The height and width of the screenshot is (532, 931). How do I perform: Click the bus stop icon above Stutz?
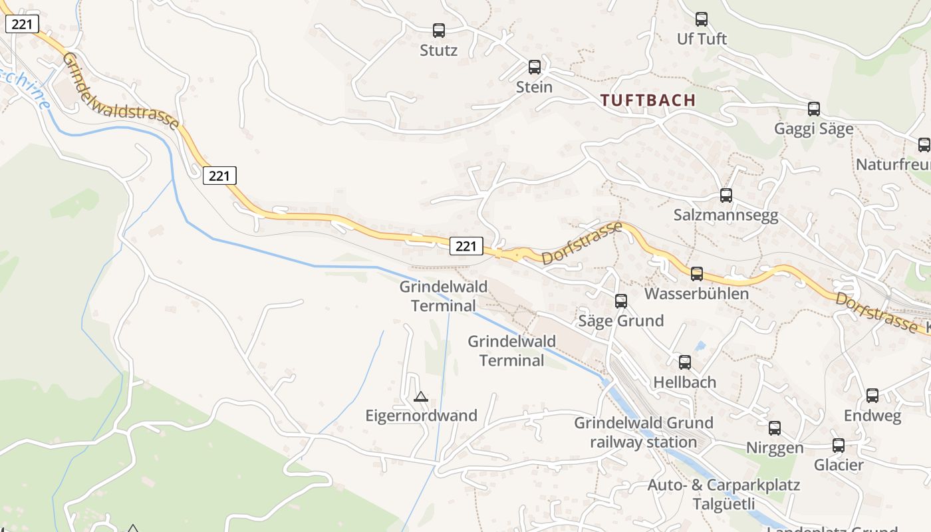pyautogui.click(x=439, y=30)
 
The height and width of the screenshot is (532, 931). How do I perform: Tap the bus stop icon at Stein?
pyautogui.click(x=535, y=66)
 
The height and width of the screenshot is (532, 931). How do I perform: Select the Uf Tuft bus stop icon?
pyautogui.click(x=702, y=19)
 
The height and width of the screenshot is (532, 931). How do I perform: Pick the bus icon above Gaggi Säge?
pyautogui.click(x=814, y=109)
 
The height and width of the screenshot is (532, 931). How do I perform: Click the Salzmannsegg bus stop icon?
pyautogui.click(x=726, y=196)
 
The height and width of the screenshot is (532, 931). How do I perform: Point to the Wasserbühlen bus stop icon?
pyautogui.click(x=697, y=273)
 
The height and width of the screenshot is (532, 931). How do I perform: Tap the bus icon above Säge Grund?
pyautogui.click(x=621, y=301)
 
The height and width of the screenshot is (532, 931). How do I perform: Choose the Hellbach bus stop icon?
pyautogui.click(x=685, y=362)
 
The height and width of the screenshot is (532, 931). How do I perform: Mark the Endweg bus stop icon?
pyautogui.click(x=872, y=396)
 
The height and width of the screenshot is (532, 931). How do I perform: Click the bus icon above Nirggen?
pyautogui.click(x=775, y=428)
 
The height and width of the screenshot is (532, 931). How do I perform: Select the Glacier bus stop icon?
pyautogui.click(x=839, y=446)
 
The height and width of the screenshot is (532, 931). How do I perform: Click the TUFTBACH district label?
pyautogui.click(x=648, y=100)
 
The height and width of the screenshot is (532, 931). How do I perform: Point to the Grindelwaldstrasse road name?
pyautogui.click(x=120, y=91)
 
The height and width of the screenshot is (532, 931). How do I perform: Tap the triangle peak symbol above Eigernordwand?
pyautogui.click(x=420, y=397)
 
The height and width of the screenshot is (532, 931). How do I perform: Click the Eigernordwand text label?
pyautogui.click(x=422, y=416)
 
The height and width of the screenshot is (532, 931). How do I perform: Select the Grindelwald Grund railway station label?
pyautogui.click(x=644, y=432)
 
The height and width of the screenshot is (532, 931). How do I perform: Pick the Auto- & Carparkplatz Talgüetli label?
pyautogui.click(x=724, y=493)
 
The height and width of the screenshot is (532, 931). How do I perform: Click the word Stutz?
pyautogui.click(x=439, y=50)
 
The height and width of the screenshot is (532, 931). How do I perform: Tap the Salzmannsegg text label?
pyautogui.click(x=726, y=215)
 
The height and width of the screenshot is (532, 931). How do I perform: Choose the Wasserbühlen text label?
pyautogui.click(x=697, y=293)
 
